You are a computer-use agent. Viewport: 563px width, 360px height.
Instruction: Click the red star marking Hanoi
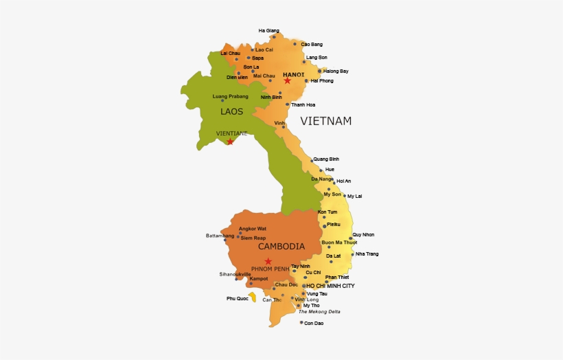[288, 81]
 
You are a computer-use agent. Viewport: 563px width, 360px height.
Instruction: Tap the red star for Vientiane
[230, 142]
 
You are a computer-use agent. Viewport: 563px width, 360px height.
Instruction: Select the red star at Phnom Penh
[268, 261]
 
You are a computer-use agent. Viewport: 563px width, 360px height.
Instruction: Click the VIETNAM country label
[325, 121]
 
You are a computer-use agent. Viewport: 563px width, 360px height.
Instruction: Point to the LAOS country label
[231, 111]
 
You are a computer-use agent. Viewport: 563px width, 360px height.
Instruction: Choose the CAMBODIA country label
[281, 246]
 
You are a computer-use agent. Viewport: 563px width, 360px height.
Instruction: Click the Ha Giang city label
[269, 30]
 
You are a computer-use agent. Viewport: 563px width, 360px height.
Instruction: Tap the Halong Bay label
[336, 71]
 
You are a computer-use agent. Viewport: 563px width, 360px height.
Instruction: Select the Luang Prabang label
[231, 96]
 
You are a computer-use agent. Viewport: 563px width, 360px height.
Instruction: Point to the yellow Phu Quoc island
[253, 297]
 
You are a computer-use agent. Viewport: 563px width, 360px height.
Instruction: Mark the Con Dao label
[313, 322]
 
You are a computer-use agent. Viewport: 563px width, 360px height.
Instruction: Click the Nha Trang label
[367, 254]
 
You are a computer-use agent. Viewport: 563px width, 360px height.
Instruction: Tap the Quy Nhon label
[363, 234]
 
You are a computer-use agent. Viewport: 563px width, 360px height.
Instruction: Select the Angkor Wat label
[252, 228]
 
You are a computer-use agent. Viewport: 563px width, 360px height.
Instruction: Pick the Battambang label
[220, 236]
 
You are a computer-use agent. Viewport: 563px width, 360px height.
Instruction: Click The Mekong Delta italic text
[319, 311]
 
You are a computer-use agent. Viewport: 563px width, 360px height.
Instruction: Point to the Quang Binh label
[326, 159]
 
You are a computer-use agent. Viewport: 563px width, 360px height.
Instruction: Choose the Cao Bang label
[312, 44]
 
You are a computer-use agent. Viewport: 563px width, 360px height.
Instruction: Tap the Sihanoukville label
[235, 273]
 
